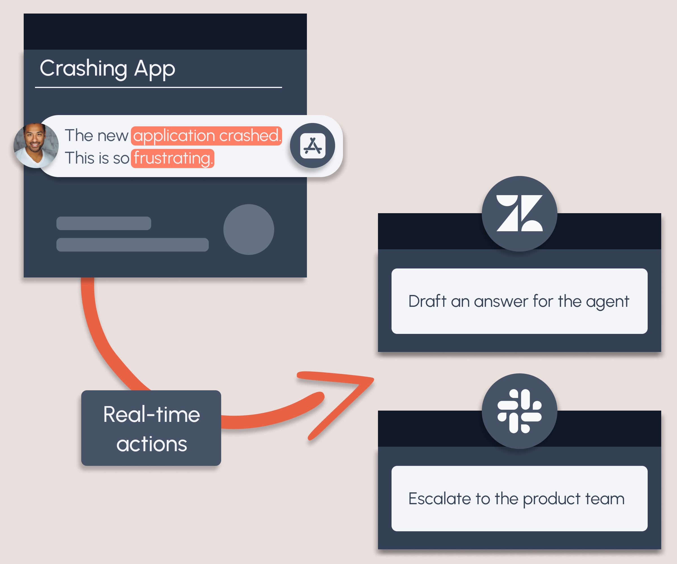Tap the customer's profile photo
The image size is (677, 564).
tap(36, 145)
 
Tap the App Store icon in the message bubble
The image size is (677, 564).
tap(312, 146)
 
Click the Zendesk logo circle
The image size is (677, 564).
tap(519, 214)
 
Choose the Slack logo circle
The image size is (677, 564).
tap(519, 411)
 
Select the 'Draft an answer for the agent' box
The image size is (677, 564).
tap(519, 301)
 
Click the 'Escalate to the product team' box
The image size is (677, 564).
tap(519, 498)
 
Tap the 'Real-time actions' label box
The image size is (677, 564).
tap(151, 428)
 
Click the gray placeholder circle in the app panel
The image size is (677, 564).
tap(249, 230)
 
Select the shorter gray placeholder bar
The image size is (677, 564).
tap(104, 223)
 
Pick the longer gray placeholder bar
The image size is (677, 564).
tap(133, 244)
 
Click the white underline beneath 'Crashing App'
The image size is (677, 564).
tap(159, 87)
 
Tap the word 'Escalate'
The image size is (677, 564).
tap(440, 499)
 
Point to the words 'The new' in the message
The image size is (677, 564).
tap(96, 135)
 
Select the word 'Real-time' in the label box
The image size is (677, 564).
tap(151, 415)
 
